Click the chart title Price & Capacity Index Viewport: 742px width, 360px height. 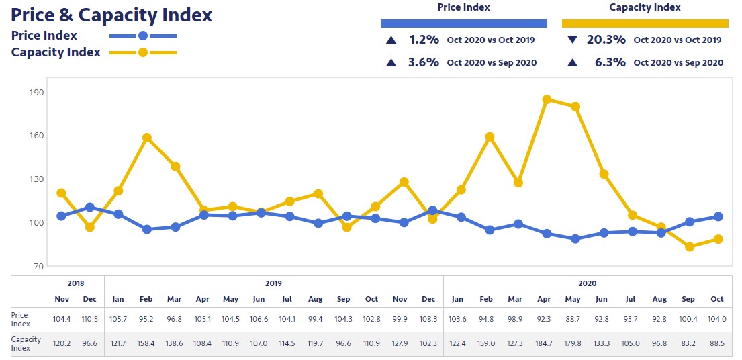pos(111,15)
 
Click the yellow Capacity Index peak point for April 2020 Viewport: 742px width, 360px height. pos(547,99)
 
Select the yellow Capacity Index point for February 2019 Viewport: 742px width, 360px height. pos(147,138)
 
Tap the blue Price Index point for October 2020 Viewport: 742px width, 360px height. pos(717,216)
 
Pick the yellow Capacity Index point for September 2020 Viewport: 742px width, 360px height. pos(689,246)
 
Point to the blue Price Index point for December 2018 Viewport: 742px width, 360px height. pos(90,208)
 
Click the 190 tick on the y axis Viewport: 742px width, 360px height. pos(36,92)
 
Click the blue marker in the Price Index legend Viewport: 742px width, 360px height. pos(142,36)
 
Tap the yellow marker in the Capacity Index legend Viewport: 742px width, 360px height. pos(142,52)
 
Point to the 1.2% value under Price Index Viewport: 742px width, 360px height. pos(424,40)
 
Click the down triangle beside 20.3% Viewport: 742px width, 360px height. pos(572,40)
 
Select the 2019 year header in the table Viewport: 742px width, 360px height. pos(273,283)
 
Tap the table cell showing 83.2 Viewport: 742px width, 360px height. pos(689,343)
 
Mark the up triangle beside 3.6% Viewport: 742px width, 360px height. pos(391,62)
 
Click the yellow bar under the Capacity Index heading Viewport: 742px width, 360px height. pos(645,23)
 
